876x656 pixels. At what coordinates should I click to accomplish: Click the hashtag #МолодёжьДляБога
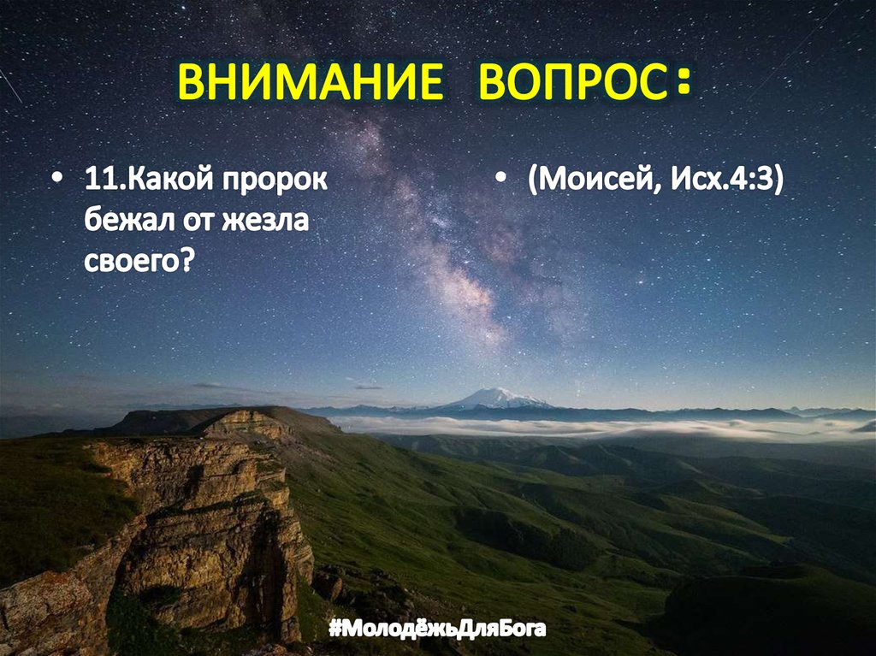click(x=436, y=630)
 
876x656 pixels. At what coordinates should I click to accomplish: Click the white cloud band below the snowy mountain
click(x=547, y=426)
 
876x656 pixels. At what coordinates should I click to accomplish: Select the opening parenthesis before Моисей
click(x=533, y=182)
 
